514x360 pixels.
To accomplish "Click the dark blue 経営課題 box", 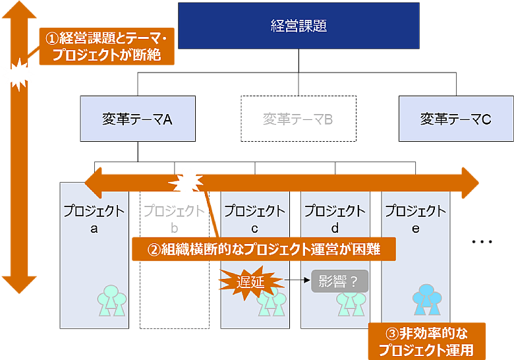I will tap(299, 26).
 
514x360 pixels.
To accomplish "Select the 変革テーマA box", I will tap(138, 119).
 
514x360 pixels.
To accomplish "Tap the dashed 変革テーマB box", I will tap(298, 119).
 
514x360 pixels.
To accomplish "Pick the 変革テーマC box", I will tap(456, 119).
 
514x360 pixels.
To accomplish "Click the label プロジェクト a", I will tap(94, 220).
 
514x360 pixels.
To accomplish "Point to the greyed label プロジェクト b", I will tap(174, 220).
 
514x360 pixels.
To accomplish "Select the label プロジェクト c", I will tap(254, 220).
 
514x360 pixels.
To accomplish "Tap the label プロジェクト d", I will tap(335, 220).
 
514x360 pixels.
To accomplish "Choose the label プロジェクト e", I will tap(415, 220).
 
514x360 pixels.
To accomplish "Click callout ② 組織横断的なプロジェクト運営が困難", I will tap(264, 249).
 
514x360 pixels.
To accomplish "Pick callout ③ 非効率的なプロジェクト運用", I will tap(426, 341).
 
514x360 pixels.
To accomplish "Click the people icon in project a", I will tap(111, 301).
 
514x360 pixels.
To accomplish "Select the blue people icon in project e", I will tap(427, 300).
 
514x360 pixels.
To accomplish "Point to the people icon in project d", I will tap(351, 302).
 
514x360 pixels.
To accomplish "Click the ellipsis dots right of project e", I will tap(482, 242).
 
